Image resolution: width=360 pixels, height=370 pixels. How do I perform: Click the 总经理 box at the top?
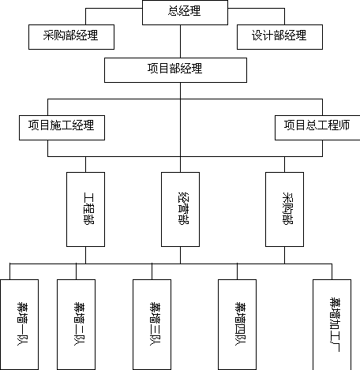pyautogui.click(x=185, y=13)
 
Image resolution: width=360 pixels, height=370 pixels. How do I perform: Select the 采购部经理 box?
pyautogui.click(x=71, y=37)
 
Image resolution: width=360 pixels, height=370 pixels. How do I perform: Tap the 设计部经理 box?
pyautogui.click(x=279, y=37)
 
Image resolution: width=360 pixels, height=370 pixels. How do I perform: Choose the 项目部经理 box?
pyautogui.click(x=175, y=70)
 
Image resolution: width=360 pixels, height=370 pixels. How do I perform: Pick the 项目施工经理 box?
pyautogui.click(x=62, y=128)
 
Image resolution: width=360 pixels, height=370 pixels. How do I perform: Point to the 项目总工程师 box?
pyautogui.click(x=317, y=128)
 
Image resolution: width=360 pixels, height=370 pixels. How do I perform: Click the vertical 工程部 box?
pyautogui.click(x=85, y=209)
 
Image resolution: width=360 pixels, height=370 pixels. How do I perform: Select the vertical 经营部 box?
pyautogui.click(x=180, y=209)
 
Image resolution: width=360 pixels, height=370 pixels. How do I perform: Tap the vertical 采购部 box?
pyautogui.click(x=284, y=209)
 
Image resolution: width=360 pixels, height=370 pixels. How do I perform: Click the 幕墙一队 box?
pyautogui.click(x=20, y=324)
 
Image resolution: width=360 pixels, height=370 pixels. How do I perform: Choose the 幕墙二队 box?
pyautogui.click(x=76, y=324)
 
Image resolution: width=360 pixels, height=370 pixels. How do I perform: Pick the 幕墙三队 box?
pyautogui.click(x=152, y=324)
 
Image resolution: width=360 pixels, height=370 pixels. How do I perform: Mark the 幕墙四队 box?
pyautogui.click(x=237, y=324)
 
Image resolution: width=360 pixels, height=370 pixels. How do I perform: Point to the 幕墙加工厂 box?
pyautogui.click(x=332, y=324)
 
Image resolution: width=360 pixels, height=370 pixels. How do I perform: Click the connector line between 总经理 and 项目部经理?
pyautogui.click(x=180, y=42)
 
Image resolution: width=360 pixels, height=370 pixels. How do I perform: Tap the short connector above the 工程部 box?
pyautogui.click(x=85, y=165)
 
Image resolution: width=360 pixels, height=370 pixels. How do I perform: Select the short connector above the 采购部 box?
pyautogui.click(x=284, y=165)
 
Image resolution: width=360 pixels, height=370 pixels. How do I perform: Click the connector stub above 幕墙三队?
pyautogui.click(x=152, y=271)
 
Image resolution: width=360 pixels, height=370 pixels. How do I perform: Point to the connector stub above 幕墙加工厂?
pyautogui.click(x=332, y=271)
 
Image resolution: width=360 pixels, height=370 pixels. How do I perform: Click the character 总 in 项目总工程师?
pyautogui.click(x=311, y=125)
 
